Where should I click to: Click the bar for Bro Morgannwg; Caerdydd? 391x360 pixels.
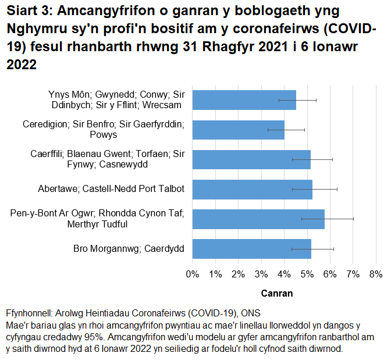click(251, 249)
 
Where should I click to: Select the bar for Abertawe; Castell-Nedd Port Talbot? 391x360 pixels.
click(252, 189)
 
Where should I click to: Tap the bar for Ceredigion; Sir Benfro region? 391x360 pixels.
click(238, 130)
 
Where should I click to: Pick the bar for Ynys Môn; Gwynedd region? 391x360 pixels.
click(244, 100)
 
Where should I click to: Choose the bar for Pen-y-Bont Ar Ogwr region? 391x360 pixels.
click(258, 219)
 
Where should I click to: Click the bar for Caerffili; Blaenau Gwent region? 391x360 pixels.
click(251, 159)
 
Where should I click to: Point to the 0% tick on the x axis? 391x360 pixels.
click(192, 274)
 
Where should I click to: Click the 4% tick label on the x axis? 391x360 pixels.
click(283, 274)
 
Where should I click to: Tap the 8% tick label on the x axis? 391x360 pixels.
click(375, 274)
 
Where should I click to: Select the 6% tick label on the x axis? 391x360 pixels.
click(329, 274)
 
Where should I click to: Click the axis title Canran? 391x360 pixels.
click(276, 293)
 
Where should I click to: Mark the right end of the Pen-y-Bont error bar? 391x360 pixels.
click(353, 219)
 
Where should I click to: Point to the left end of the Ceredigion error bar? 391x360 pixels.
click(268, 130)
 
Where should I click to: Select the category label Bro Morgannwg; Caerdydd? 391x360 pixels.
click(129, 249)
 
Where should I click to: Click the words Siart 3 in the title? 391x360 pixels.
click(29, 11)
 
